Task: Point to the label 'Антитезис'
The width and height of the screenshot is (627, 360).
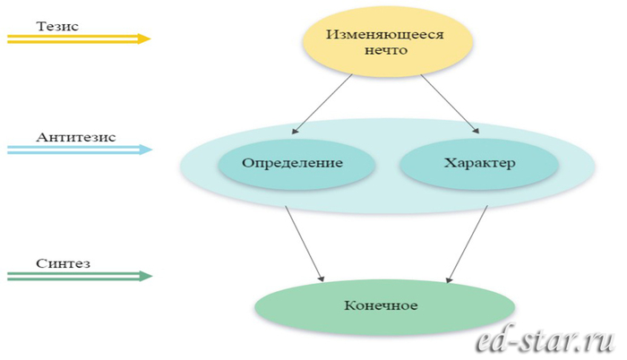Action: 76,137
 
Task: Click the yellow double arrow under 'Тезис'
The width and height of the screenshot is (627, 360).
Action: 76,39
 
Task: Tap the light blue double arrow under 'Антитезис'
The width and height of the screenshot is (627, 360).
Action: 76,150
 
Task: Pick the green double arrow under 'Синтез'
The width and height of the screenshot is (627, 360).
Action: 76,277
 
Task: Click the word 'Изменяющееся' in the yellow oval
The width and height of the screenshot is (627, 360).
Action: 386,36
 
